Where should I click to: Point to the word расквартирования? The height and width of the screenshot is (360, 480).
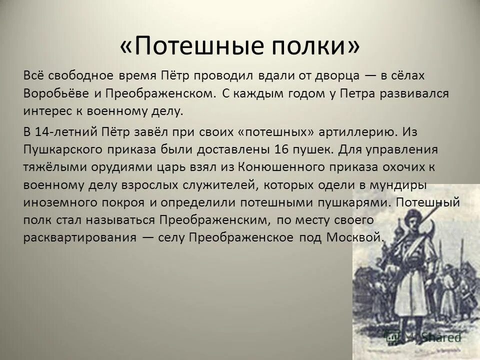(x=79, y=238)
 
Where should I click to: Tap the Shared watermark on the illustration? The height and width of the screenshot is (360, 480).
(x=440, y=337)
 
